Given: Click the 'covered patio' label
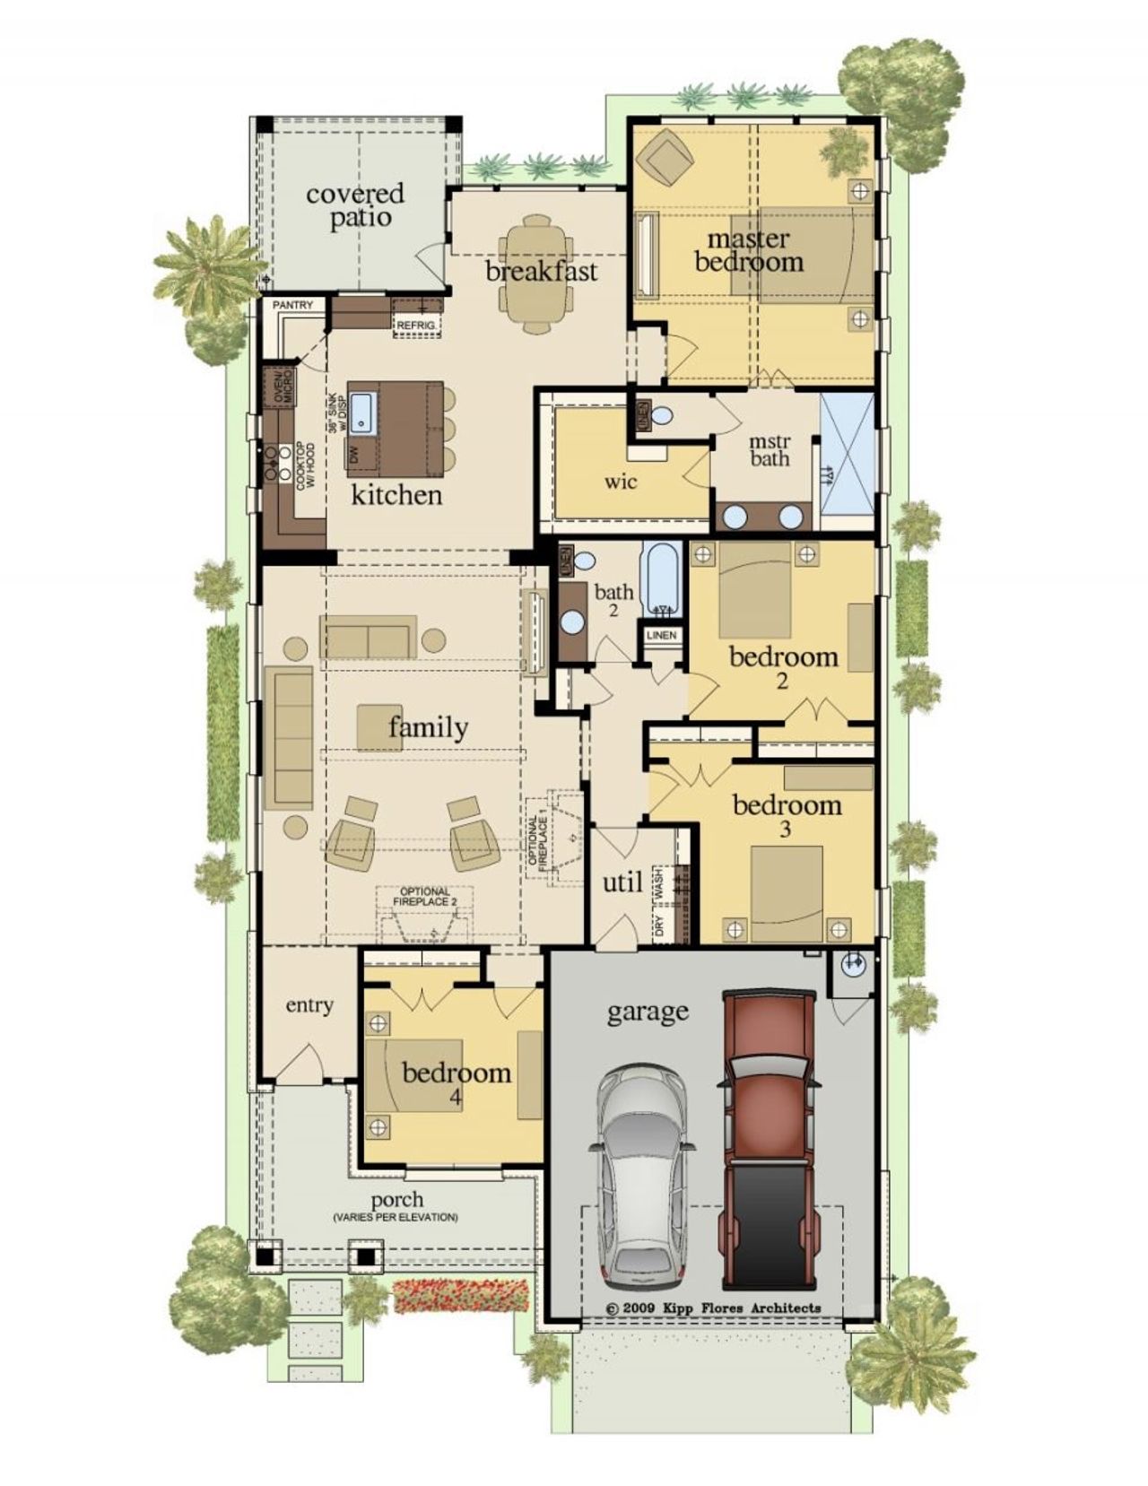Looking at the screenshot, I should click(355, 205).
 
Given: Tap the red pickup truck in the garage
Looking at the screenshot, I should click(769, 1139).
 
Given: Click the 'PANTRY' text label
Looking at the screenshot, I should click(293, 306).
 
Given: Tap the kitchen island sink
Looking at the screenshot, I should click(361, 411).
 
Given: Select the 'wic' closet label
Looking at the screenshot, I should click(620, 482).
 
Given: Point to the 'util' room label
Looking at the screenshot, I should click(622, 882).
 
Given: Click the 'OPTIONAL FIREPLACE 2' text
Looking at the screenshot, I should click(425, 896).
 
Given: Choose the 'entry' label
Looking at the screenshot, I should click(309, 1005).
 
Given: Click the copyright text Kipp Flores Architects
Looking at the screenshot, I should click(714, 1308).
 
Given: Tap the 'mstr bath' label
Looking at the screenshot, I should click(770, 450).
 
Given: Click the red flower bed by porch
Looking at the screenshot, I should click(463, 1294).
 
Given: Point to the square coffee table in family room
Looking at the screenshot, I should click(379, 727).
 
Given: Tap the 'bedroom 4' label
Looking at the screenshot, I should click(457, 1081).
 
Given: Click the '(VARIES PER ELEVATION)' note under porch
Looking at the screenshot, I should click(395, 1218).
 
